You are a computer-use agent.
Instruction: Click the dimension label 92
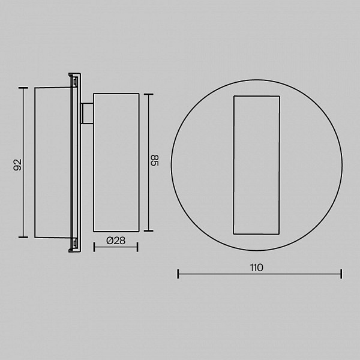click(x=17, y=164)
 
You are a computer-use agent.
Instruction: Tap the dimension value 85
click(x=155, y=160)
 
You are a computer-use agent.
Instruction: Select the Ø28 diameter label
click(x=116, y=241)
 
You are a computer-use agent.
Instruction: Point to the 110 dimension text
click(x=257, y=268)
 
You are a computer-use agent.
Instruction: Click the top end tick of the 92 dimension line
click(x=23, y=88)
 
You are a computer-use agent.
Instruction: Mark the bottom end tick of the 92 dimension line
click(x=23, y=237)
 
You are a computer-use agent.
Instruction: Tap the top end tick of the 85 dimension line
click(x=149, y=94)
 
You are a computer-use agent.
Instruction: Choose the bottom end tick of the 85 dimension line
click(x=149, y=231)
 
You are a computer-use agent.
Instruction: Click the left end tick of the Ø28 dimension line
click(x=94, y=247)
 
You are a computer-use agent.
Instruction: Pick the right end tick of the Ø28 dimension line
click(x=137, y=247)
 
